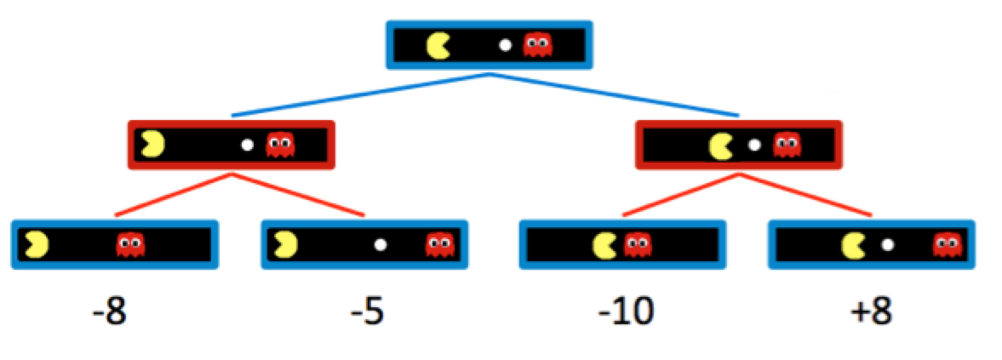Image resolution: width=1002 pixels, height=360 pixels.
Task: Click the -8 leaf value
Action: [x=110, y=313]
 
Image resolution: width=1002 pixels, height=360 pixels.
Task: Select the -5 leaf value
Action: [x=368, y=313]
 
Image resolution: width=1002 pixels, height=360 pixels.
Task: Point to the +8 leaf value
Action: [x=870, y=313]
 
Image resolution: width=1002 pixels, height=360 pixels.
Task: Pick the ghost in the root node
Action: [x=536, y=44]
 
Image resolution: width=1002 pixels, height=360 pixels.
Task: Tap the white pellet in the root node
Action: [x=505, y=45]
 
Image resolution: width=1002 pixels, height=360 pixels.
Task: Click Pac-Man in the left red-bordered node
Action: [x=154, y=145]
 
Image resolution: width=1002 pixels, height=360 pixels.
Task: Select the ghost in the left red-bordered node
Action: [x=279, y=145]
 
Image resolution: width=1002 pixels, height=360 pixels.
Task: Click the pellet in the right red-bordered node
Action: [x=753, y=145]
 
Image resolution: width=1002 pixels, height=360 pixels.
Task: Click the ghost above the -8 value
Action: [x=130, y=245]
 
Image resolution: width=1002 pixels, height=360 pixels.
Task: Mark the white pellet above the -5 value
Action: [x=381, y=245]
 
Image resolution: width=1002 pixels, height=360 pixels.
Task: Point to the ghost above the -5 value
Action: [x=439, y=245]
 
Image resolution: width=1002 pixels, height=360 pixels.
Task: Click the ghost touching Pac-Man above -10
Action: [x=635, y=245]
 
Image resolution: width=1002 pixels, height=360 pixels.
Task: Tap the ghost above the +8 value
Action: [x=946, y=245]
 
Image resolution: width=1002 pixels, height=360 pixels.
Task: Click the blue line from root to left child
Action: [x=358, y=95]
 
